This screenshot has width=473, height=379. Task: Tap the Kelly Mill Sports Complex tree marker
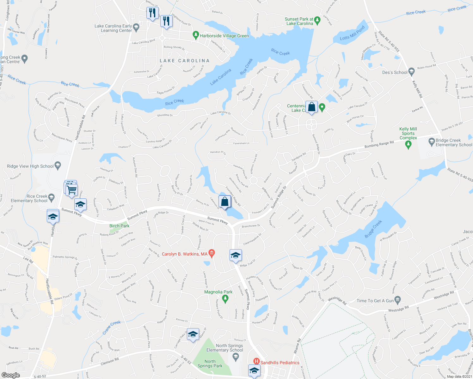point(408,145)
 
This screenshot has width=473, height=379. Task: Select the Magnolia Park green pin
point(225,299)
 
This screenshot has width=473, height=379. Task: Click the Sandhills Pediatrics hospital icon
point(256,361)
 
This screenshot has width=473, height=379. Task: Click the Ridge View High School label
point(30,166)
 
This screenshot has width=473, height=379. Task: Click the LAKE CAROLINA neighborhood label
point(185,61)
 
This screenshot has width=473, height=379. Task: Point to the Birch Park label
point(119,226)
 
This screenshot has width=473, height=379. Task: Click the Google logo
point(10,375)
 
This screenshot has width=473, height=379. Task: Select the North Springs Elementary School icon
point(235,357)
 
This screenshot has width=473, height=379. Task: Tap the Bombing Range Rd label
point(379,144)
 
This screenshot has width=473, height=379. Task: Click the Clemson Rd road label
point(109,361)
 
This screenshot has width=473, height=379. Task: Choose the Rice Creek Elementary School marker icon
point(52,198)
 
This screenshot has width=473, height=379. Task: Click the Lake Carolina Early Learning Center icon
point(136,27)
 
